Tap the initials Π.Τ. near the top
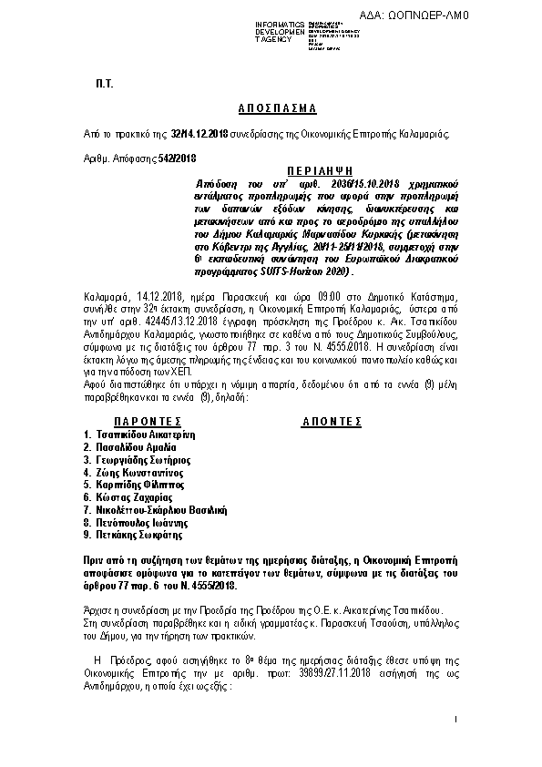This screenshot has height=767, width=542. (x=103, y=83)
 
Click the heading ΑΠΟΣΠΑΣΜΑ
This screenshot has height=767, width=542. (x=270, y=107)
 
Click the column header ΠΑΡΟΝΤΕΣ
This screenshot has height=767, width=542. (x=141, y=422)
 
